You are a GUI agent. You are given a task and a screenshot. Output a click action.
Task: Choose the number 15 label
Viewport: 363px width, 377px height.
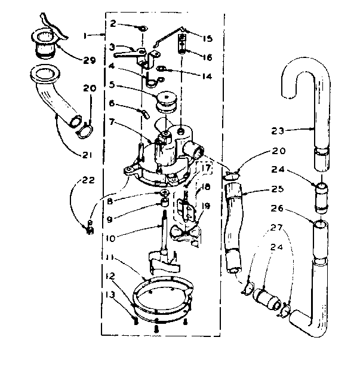[x=207, y=38]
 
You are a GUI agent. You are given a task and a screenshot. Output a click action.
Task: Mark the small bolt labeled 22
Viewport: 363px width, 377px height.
[x=90, y=226]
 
